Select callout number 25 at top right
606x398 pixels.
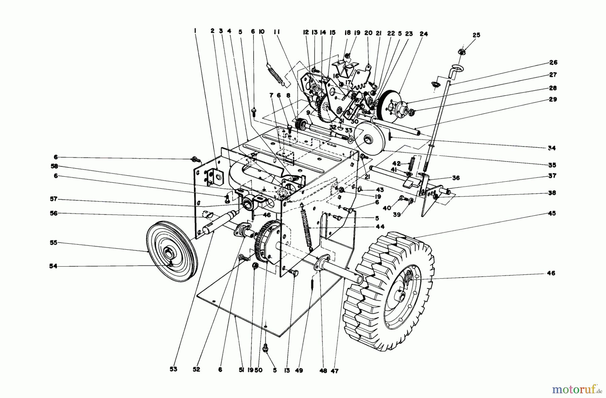[x=476, y=35]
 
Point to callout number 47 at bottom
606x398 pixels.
[x=334, y=371]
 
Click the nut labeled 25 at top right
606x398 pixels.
[x=462, y=51]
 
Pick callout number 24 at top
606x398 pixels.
[x=424, y=34]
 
